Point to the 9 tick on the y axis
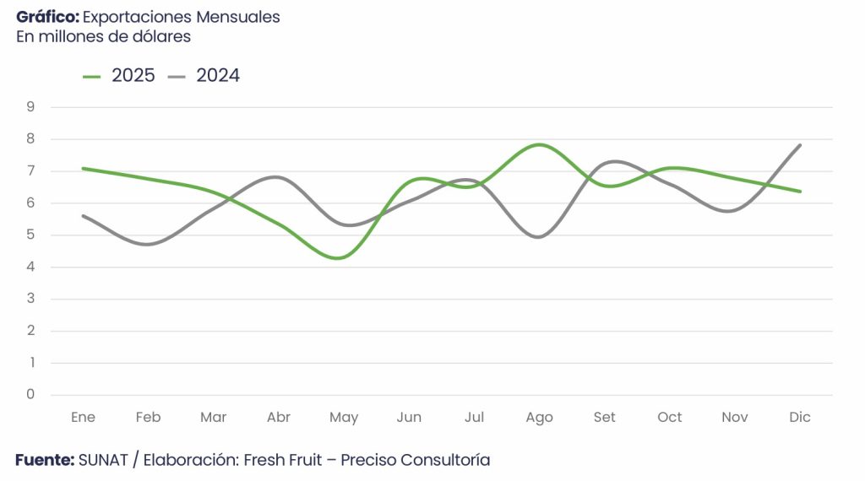pyautogui.click(x=30, y=106)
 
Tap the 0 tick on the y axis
pyautogui.click(x=30, y=394)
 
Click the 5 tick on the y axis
pyautogui.click(x=30, y=235)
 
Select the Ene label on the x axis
pyautogui.click(x=83, y=417)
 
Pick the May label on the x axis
pyautogui.click(x=344, y=417)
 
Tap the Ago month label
pyautogui.click(x=539, y=417)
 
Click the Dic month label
pyautogui.click(x=799, y=417)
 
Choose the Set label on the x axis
pyautogui.click(x=605, y=417)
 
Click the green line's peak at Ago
pyautogui.click(x=539, y=145)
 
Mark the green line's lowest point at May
pyautogui.click(x=339, y=258)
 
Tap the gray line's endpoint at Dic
pyautogui.click(x=800, y=145)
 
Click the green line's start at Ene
pyautogui.click(x=83, y=168)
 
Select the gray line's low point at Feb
pyautogui.click(x=149, y=245)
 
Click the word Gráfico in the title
pyautogui.click(x=47, y=17)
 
